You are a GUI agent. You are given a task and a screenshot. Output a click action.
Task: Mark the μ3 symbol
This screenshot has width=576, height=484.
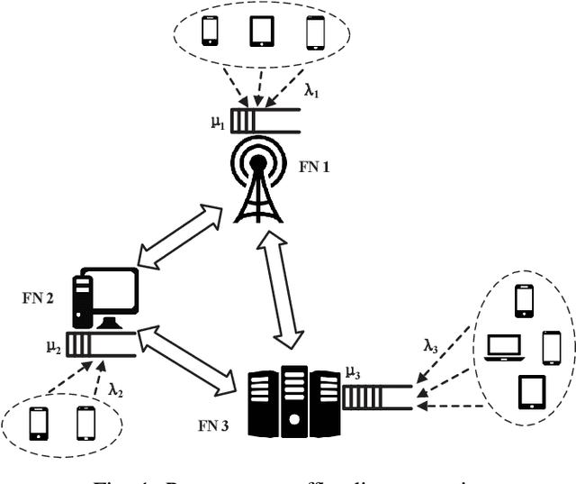354,370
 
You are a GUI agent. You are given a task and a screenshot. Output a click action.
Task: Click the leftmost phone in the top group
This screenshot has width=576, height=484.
210,32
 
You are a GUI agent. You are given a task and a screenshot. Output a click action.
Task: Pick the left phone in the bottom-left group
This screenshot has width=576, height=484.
39,422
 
